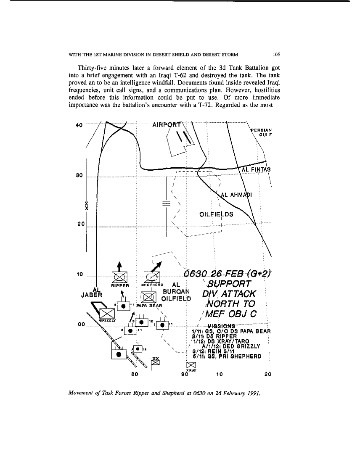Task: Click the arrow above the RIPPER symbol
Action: (120, 266)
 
